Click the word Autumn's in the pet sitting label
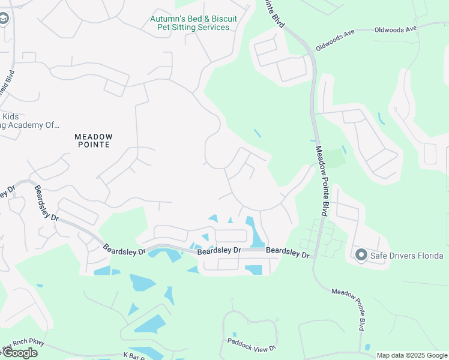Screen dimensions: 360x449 pos(166,19)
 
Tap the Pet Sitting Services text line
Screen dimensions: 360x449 pos(193,28)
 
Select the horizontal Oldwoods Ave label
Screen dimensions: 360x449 pos(395,29)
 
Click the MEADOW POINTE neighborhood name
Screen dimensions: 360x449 pos(93,140)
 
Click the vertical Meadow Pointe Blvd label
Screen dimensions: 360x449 pos(322,181)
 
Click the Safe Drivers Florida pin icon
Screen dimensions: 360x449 pos(361,256)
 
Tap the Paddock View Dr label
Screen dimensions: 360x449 pos(251,344)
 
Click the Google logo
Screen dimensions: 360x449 pos(19,353)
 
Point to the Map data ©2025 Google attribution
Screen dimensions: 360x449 pos(412,355)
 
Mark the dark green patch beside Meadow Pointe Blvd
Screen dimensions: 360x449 pos(332,158)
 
